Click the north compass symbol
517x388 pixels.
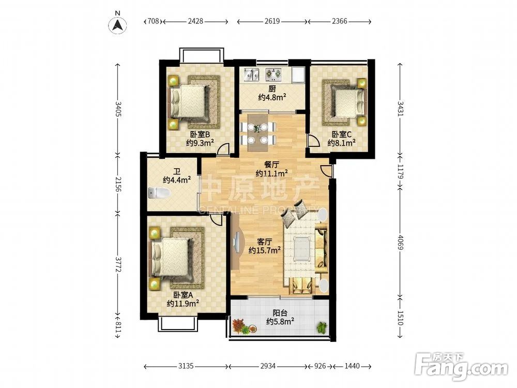click(118, 23)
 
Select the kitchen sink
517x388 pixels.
click(251, 74)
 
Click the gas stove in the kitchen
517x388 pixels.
click(274, 74)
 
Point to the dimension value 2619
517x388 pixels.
click(272, 21)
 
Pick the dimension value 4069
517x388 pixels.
click(400, 243)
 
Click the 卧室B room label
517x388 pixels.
click(200, 135)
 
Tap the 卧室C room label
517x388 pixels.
click(342, 135)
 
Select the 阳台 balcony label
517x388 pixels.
click(280, 313)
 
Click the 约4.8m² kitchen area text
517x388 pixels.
click(272, 97)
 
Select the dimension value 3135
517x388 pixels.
click(186, 366)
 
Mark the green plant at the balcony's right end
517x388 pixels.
click(322, 327)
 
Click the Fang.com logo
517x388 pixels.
click(461, 366)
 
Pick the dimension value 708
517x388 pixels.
click(153, 21)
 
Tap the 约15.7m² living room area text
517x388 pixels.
click(265, 250)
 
